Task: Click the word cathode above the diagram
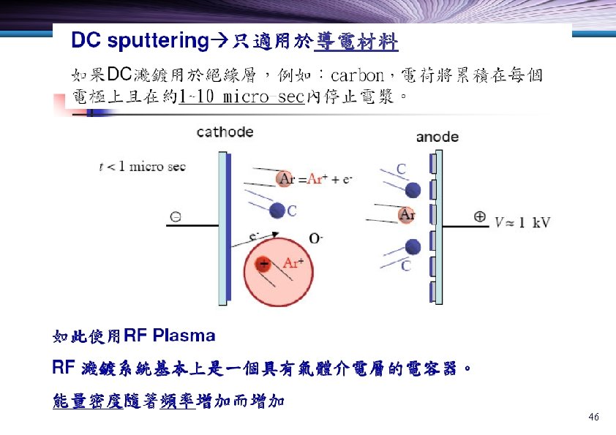pyautogui.click(x=225, y=132)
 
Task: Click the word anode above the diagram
pyautogui.click(x=437, y=137)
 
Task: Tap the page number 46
pyautogui.click(x=593, y=417)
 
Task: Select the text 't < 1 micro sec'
pyautogui.click(x=143, y=167)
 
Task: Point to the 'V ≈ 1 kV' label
pyautogui.click(x=523, y=222)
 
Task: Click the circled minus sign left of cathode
pyautogui.click(x=176, y=216)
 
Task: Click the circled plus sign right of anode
pyautogui.click(x=480, y=216)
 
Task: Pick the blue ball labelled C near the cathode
pyautogui.click(x=277, y=211)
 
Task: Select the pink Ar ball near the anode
pyautogui.click(x=407, y=215)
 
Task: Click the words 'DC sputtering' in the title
pyautogui.click(x=140, y=42)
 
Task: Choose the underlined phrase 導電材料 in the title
pyautogui.click(x=356, y=43)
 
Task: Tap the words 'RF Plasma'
pyautogui.click(x=170, y=336)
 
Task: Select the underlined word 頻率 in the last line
pyautogui.click(x=178, y=401)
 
